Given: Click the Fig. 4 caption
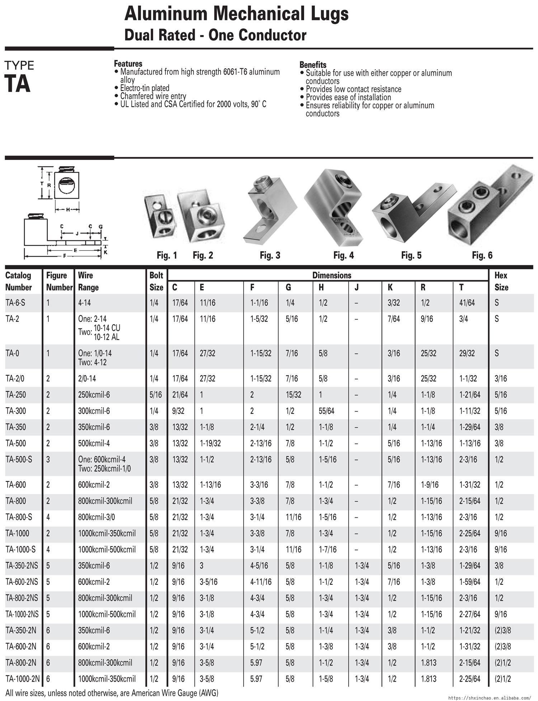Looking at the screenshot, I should [343, 255].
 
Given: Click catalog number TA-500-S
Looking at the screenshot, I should [19, 459].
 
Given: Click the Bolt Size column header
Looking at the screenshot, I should [156, 281].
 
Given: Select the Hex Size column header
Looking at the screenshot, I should [501, 281].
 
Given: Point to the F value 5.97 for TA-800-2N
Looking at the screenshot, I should [256, 663].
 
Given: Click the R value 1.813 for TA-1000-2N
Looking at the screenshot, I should [428, 679].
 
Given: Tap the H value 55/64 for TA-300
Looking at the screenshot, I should [326, 411].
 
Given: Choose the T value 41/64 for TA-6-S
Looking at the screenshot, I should [467, 303].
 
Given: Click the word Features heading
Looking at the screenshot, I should [128, 64].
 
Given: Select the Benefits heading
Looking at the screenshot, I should [313, 65].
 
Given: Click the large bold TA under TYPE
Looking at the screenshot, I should [17, 84].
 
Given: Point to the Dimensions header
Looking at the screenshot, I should [332, 275].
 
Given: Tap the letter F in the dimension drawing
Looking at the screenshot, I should [64, 256].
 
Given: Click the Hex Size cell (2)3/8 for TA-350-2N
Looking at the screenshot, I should [502, 630].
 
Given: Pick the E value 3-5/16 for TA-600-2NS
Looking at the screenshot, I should [208, 582].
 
